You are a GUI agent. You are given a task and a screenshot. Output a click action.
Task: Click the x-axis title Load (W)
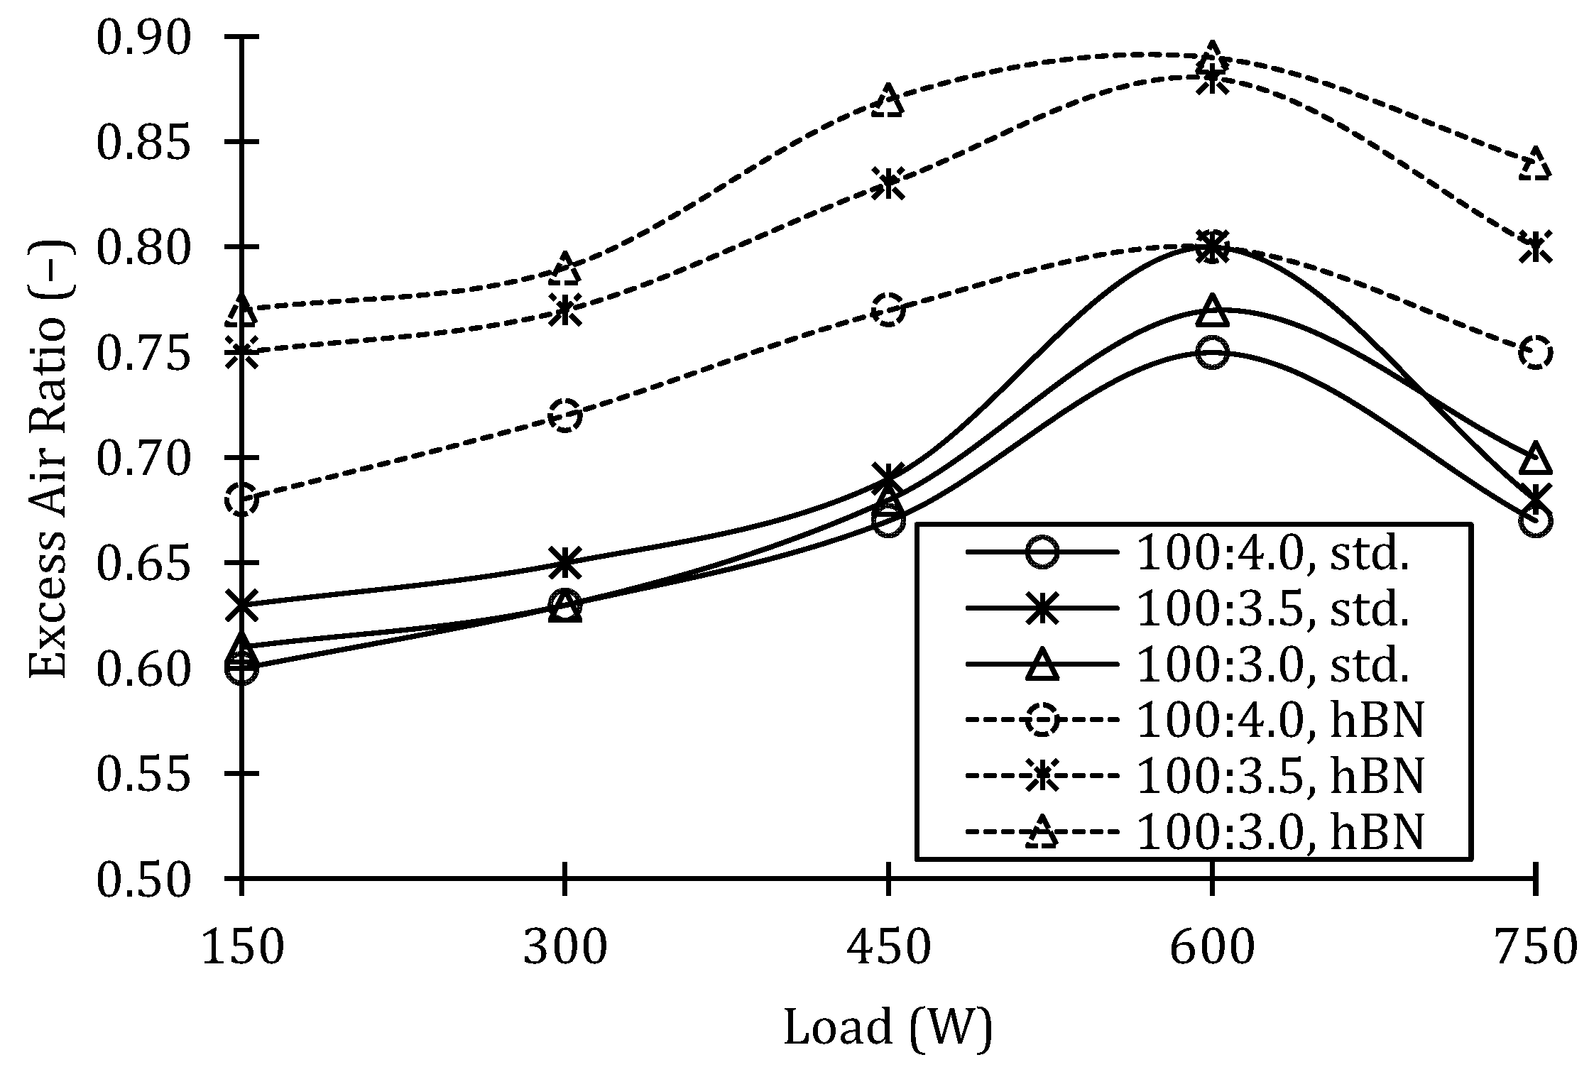pos(888,1027)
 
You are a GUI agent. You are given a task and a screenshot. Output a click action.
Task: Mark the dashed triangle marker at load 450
pos(888,100)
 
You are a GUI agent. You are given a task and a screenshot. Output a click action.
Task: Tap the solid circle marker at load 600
pos(1211,353)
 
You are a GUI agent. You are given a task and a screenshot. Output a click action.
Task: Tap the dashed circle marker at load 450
pos(888,310)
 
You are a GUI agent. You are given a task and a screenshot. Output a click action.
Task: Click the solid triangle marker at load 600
pos(1211,311)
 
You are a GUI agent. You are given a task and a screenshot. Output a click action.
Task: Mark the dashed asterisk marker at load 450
pos(888,185)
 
